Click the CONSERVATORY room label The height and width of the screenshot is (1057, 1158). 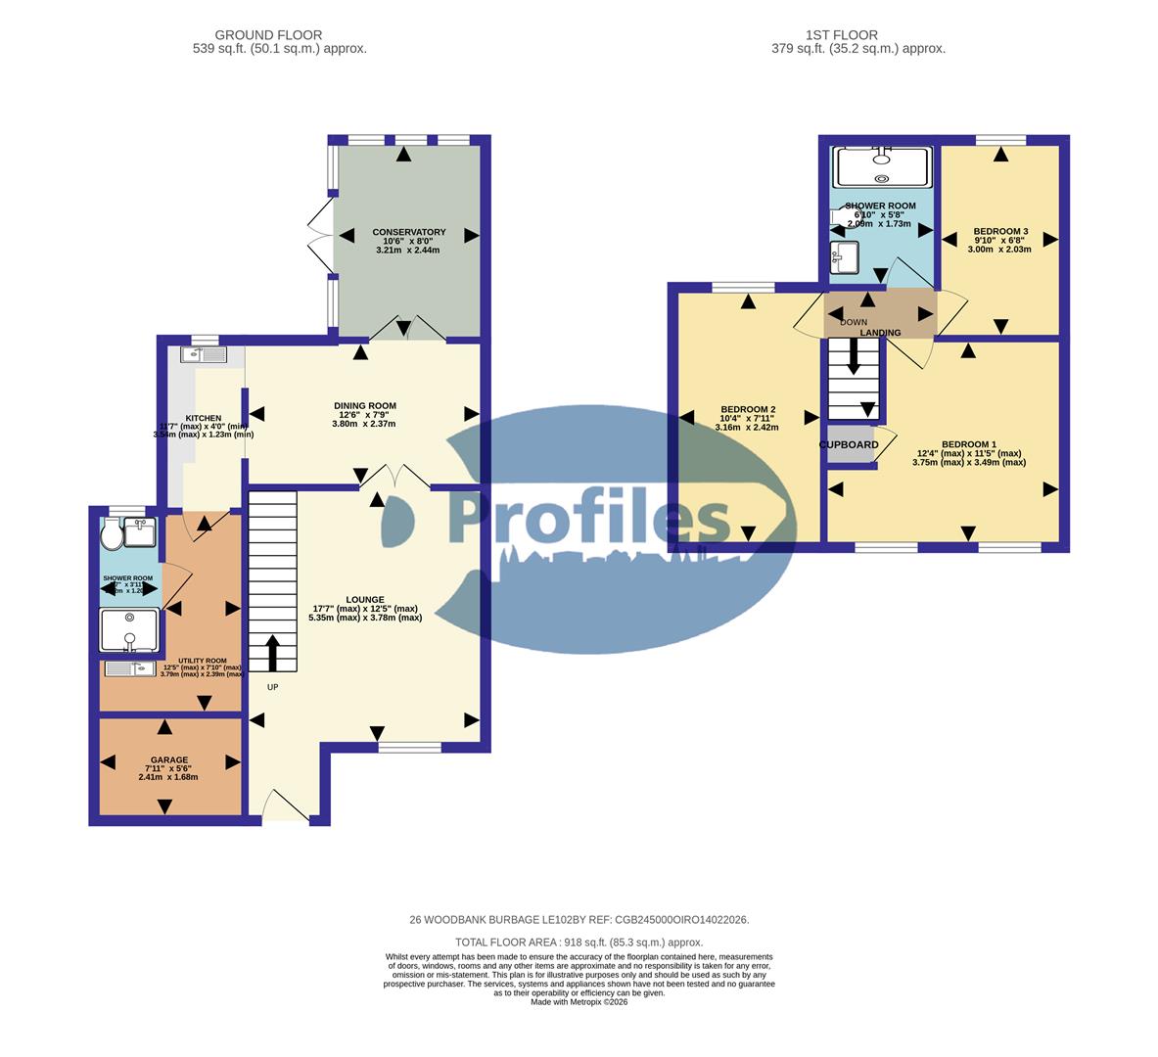(x=408, y=232)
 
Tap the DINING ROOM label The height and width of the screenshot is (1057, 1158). (x=364, y=406)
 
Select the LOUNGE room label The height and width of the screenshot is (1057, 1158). (x=364, y=599)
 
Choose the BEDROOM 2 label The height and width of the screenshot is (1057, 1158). (x=748, y=409)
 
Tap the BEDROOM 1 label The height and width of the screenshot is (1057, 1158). (x=968, y=443)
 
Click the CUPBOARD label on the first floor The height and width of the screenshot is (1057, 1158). (x=849, y=444)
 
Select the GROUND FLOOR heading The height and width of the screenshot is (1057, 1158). (x=268, y=35)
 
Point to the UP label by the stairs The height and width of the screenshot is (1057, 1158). (x=272, y=687)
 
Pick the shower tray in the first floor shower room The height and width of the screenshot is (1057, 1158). (x=881, y=166)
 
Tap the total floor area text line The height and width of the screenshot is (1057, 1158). (x=579, y=942)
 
